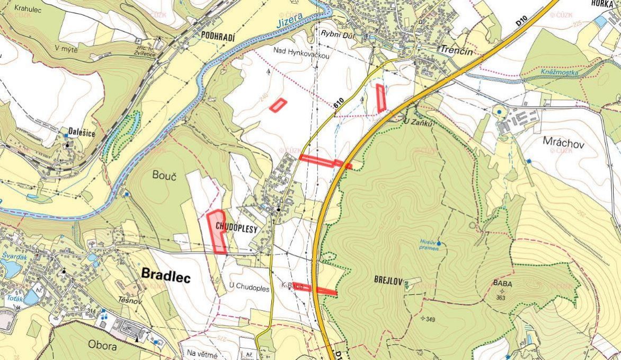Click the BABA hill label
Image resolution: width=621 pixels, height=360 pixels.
point(502,284)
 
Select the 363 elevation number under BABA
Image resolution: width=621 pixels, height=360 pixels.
point(502,297)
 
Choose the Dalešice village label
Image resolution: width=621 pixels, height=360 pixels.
point(82,133)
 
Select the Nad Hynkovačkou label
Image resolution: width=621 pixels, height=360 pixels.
point(301,50)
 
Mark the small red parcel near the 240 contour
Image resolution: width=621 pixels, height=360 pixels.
point(278,105)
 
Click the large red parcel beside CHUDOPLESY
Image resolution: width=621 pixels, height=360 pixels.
point(217,230)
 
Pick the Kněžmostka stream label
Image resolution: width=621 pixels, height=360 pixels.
point(560,72)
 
